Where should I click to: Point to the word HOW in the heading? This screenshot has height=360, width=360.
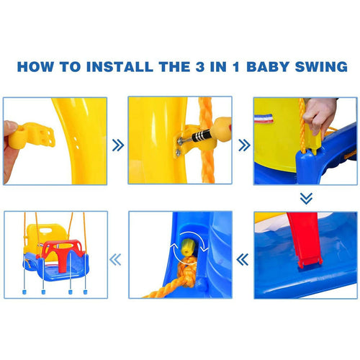click(37, 67)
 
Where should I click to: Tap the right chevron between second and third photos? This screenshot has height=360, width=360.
click(243, 144)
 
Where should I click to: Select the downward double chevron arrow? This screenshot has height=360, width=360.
click(306, 198)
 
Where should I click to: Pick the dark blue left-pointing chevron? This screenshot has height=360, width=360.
click(243, 257)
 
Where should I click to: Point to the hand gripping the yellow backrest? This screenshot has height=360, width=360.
click(320, 114)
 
